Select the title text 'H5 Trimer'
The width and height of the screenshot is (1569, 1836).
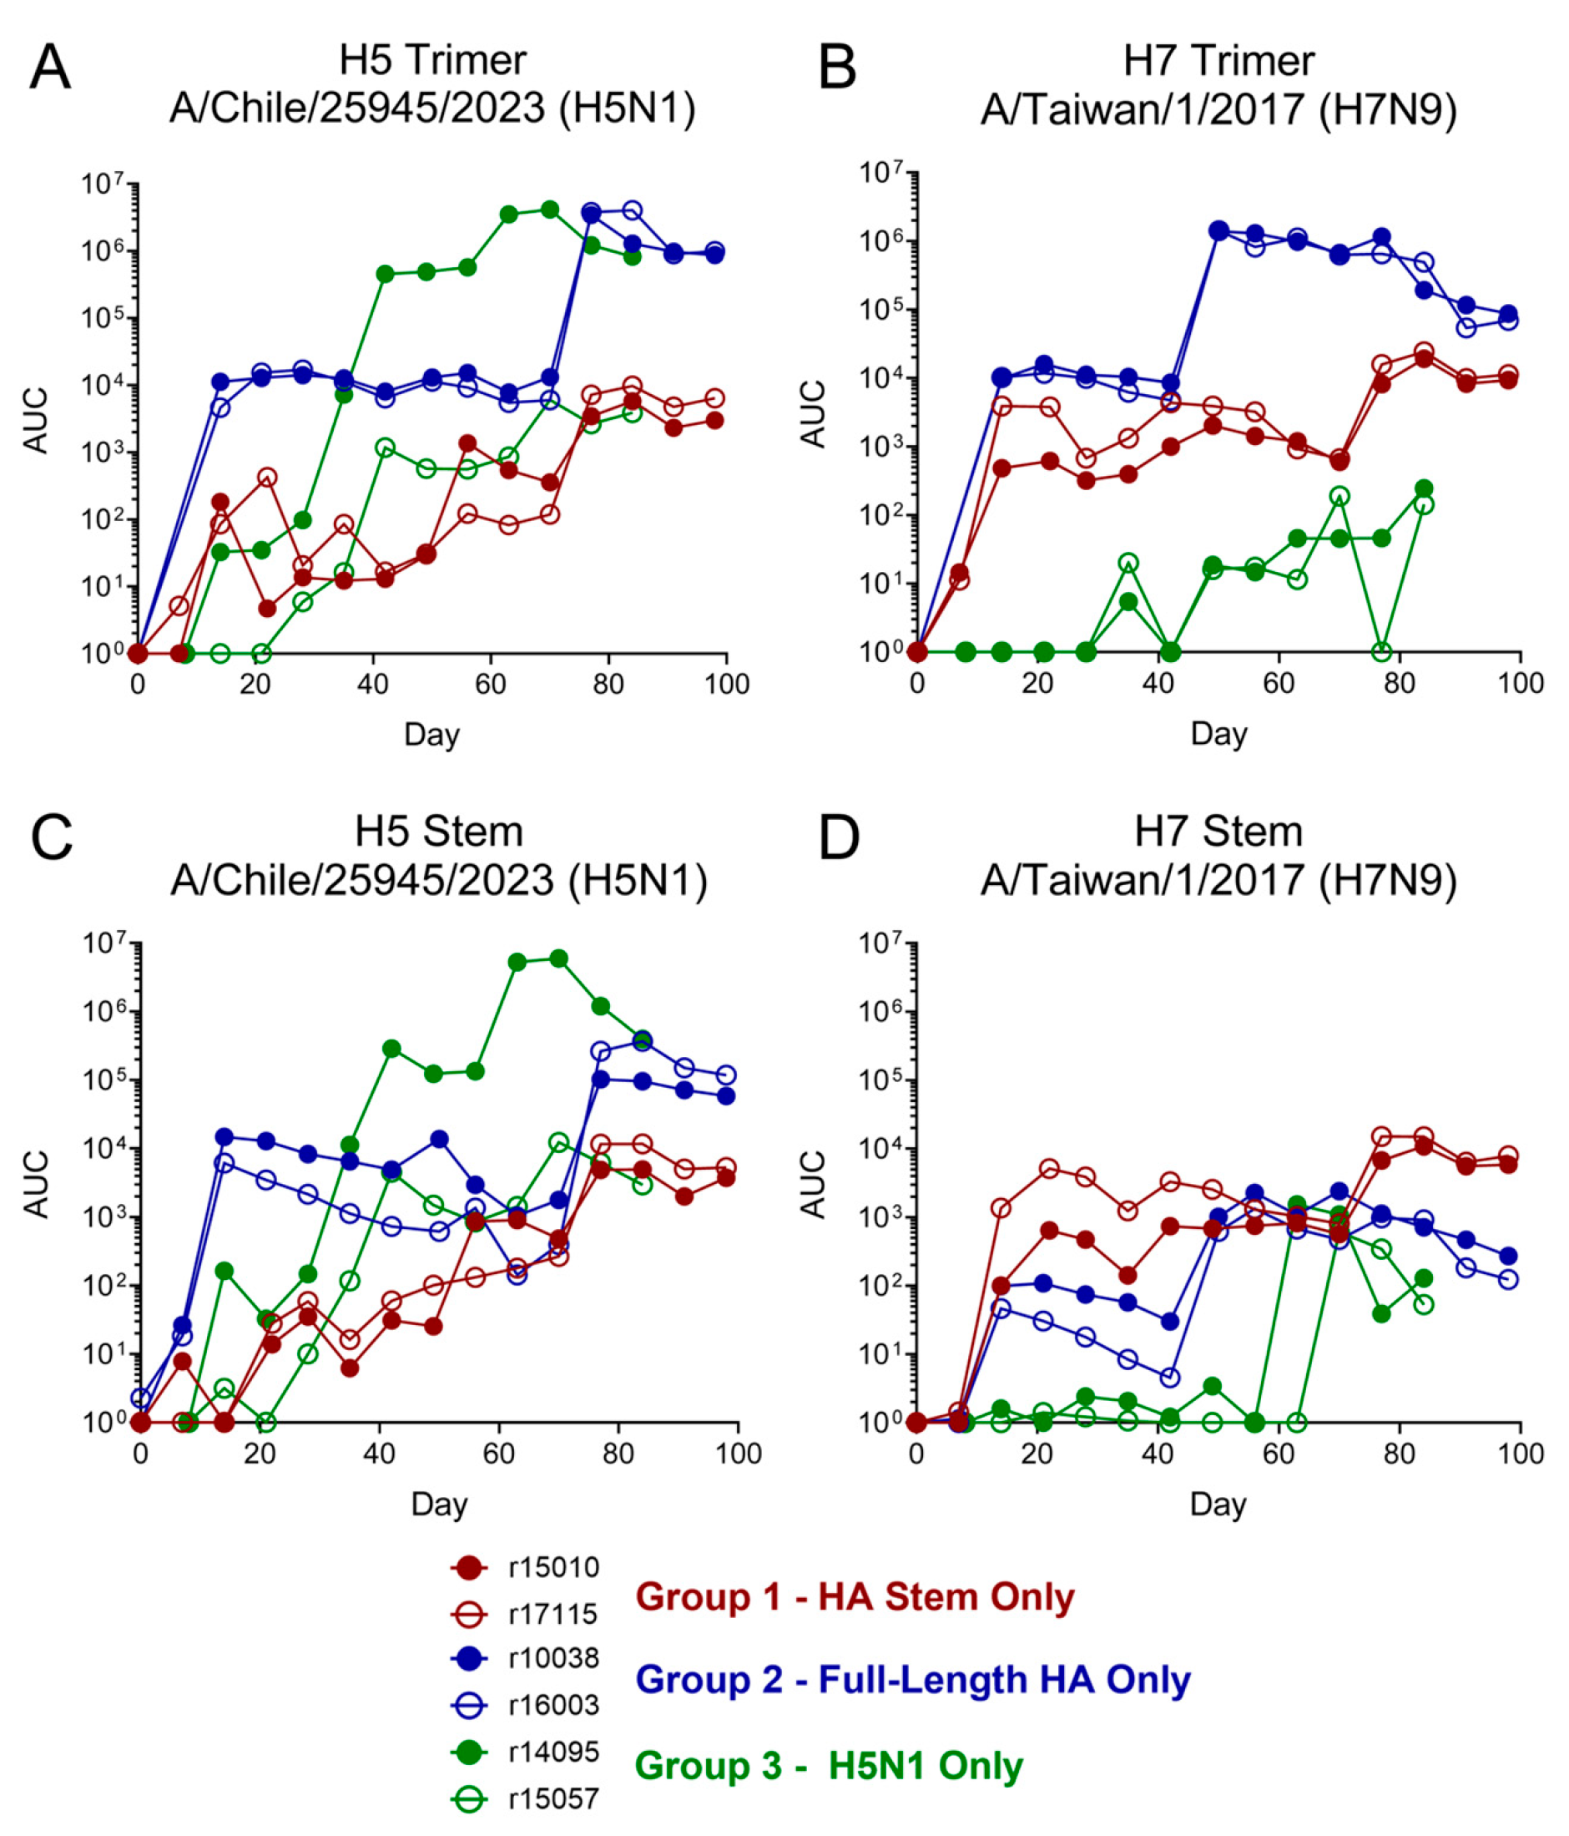(x=432, y=60)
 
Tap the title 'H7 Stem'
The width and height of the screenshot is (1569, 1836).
(x=1218, y=831)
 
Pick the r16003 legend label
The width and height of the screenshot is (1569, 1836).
(x=553, y=1704)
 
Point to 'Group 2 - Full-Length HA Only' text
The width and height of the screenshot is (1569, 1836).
(x=912, y=1679)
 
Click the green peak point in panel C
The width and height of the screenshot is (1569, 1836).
(x=558, y=958)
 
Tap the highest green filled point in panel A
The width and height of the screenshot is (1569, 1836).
(x=549, y=209)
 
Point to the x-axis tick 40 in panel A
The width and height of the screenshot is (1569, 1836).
(x=373, y=684)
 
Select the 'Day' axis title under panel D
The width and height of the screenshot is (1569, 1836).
(x=1218, y=1504)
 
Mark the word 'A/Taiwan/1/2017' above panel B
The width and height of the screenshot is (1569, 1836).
(x=1141, y=109)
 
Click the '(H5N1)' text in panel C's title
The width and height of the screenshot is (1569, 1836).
(x=638, y=880)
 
